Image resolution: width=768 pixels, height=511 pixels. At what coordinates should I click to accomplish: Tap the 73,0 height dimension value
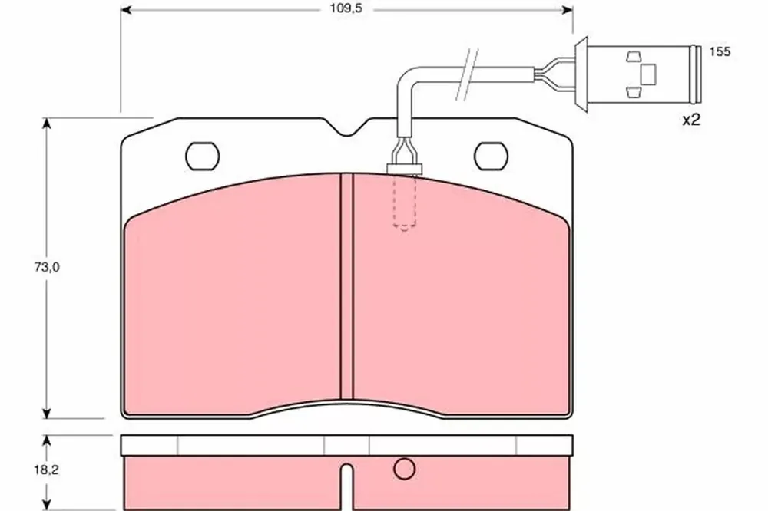[x=47, y=267]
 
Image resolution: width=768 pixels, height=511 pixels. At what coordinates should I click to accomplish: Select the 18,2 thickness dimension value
[x=47, y=470]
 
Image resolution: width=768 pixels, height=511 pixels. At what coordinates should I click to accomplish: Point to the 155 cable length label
[x=720, y=51]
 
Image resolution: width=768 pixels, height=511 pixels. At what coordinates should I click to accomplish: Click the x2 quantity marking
[x=692, y=120]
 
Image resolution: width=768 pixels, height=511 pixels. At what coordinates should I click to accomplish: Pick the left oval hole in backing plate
[x=202, y=157]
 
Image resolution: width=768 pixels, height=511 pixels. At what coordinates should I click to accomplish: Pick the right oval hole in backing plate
[x=492, y=157]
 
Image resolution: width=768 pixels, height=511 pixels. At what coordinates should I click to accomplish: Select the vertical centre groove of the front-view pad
[x=347, y=286]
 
